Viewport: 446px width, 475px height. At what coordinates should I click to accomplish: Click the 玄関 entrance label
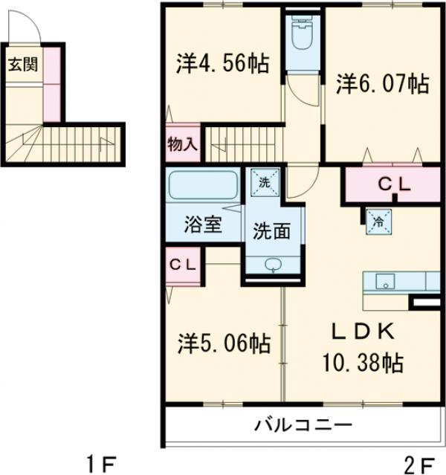click(23, 64)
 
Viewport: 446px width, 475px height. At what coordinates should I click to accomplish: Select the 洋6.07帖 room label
click(381, 84)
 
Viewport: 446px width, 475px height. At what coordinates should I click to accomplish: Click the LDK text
click(360, 331)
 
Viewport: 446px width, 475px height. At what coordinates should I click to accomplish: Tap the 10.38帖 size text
click(362, 362)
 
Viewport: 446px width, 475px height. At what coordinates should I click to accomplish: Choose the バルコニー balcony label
click(303, 426)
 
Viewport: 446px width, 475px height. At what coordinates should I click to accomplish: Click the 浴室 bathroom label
click(203, 225)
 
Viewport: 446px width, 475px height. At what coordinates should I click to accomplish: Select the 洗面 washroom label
click(272, 231)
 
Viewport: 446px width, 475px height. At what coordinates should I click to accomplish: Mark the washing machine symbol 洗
click(265, 181)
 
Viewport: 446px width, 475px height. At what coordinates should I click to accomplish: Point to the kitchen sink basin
click(386, 281)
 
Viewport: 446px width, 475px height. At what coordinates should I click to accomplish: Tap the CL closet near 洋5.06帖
click(183, 265)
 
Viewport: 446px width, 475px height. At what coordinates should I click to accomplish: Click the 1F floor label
click(100, 465)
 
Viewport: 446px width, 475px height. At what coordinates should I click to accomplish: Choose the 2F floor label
click(418, 465)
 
